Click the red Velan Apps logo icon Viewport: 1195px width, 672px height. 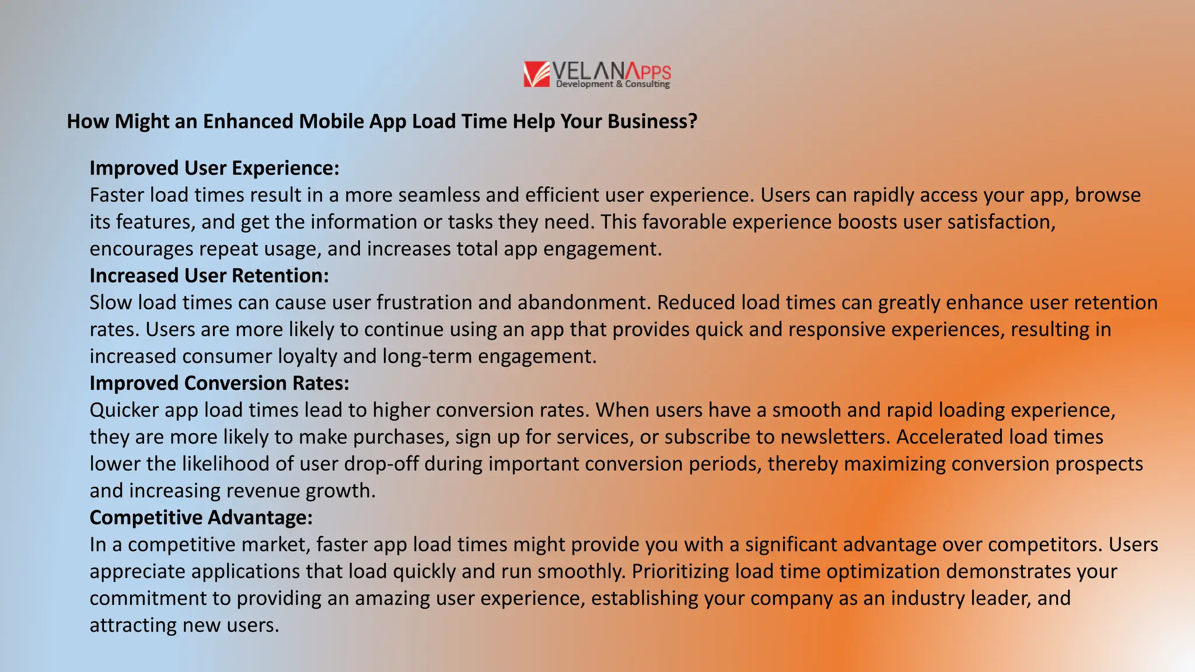pyautogui.click(x=536, y=74)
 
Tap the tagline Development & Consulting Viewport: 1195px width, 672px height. pyautogui.click(x=613, y=85)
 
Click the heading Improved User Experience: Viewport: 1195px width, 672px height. pyautogui.click(x=214, y=168)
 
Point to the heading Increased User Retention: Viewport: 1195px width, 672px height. pyautogui.click(x=209, y=275)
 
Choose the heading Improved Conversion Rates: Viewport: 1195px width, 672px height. pyautogui.click(x=219, y=383)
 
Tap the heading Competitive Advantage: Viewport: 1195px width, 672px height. pyautogui.click(x=201, y=517)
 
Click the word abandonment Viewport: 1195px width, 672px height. pyautogui.click(x=583, y=303)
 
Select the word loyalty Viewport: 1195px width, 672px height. pyautogui.click(x=308, y=356)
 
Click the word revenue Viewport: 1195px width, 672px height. pyautogui.click(x=263, y=491)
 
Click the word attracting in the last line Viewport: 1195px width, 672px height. pyautogui.click(x=134, y=625)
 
